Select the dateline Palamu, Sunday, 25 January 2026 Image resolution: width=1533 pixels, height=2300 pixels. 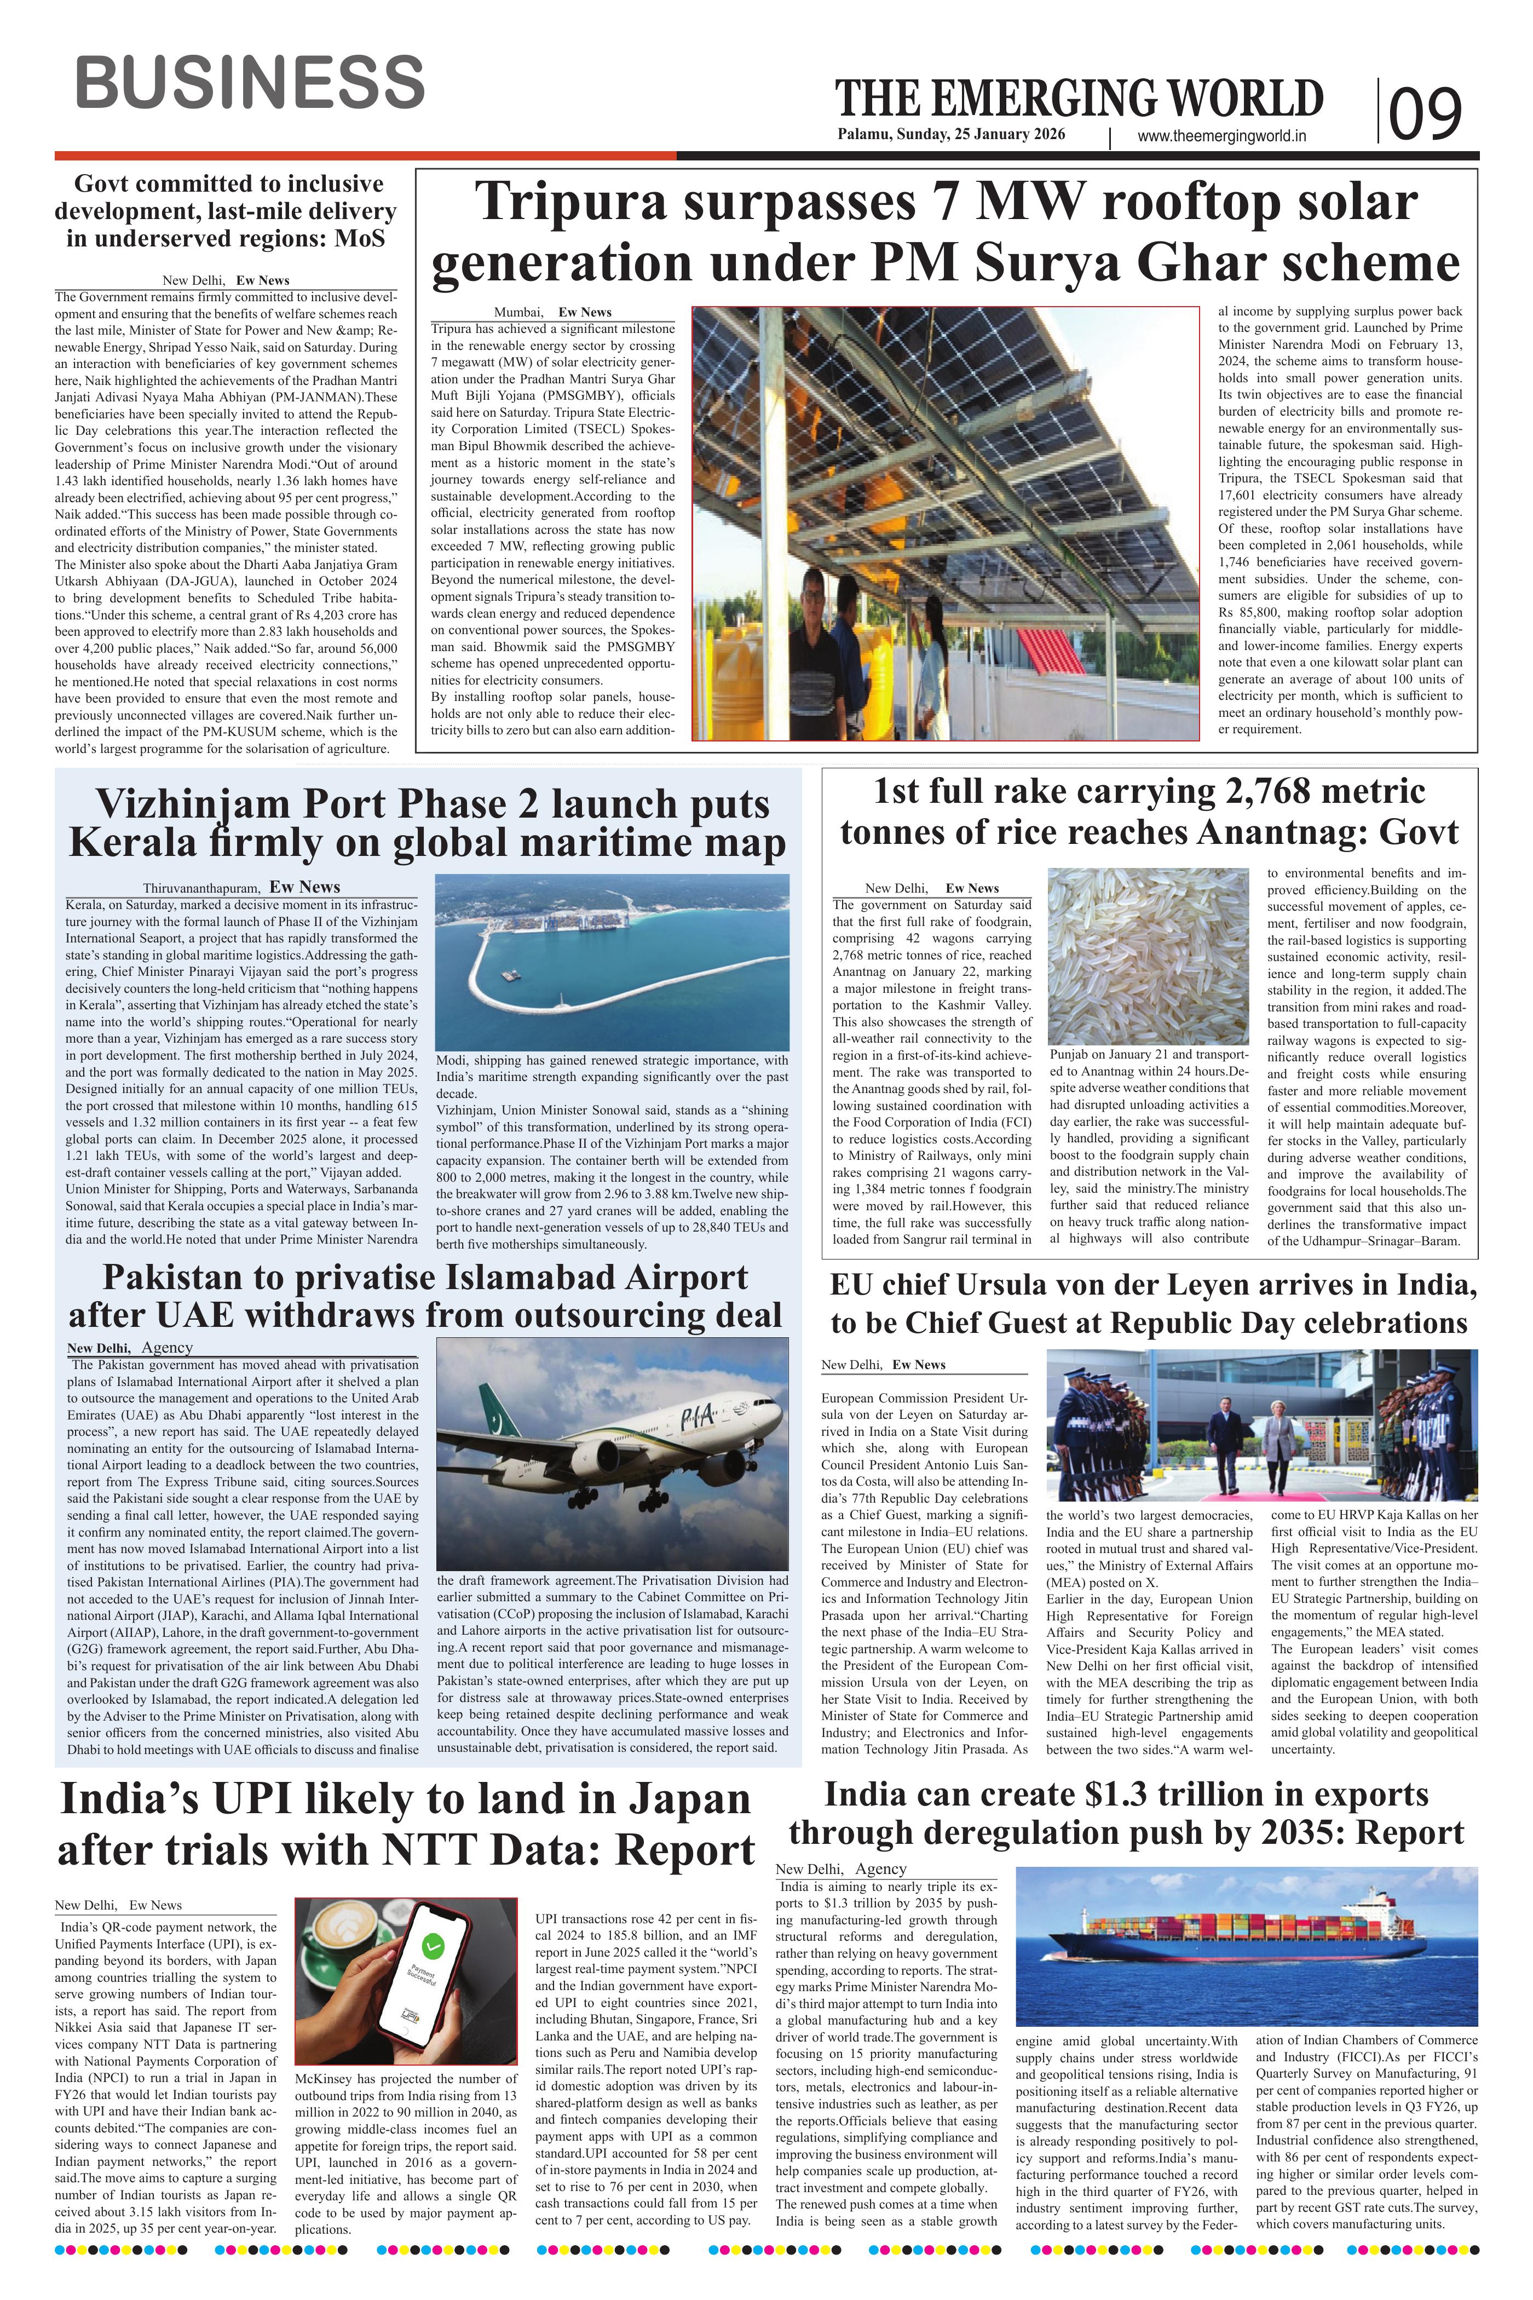point(950,135)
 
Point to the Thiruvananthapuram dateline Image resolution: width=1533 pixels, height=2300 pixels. point(201,888)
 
